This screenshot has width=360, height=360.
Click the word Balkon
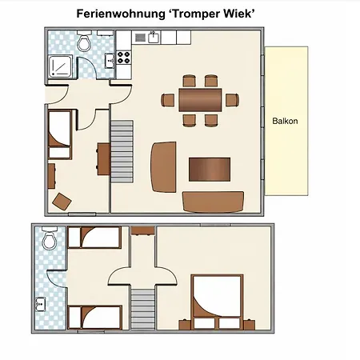tap(285, 121)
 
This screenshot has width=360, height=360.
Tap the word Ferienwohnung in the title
tap(121, 14)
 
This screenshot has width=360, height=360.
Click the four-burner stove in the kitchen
tap(123, 58)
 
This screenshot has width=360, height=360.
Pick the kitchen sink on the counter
tap(154, 37)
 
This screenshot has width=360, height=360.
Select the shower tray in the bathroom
tap(60, 66)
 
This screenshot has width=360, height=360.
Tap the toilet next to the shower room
tap(84, 42)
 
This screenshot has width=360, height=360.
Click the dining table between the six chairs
tap(200, 100)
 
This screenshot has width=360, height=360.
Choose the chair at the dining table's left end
tap(168, 100)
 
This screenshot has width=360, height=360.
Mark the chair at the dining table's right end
tap(232, 100)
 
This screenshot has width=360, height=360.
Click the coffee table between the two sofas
tap(210, 170)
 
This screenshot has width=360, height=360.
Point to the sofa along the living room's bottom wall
tap(213, 202)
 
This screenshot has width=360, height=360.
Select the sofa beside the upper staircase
tap(163, 167)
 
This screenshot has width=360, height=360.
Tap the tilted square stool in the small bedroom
tap(62, 202)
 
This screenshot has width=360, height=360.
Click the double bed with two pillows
tap(218, 302)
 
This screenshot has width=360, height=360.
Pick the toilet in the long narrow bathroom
tap(50, 238)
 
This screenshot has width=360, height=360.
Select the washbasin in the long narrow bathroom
tap(41, 305)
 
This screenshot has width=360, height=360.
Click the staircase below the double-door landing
tap(143, 309)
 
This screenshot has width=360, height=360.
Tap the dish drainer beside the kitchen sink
tap(140, 38)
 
